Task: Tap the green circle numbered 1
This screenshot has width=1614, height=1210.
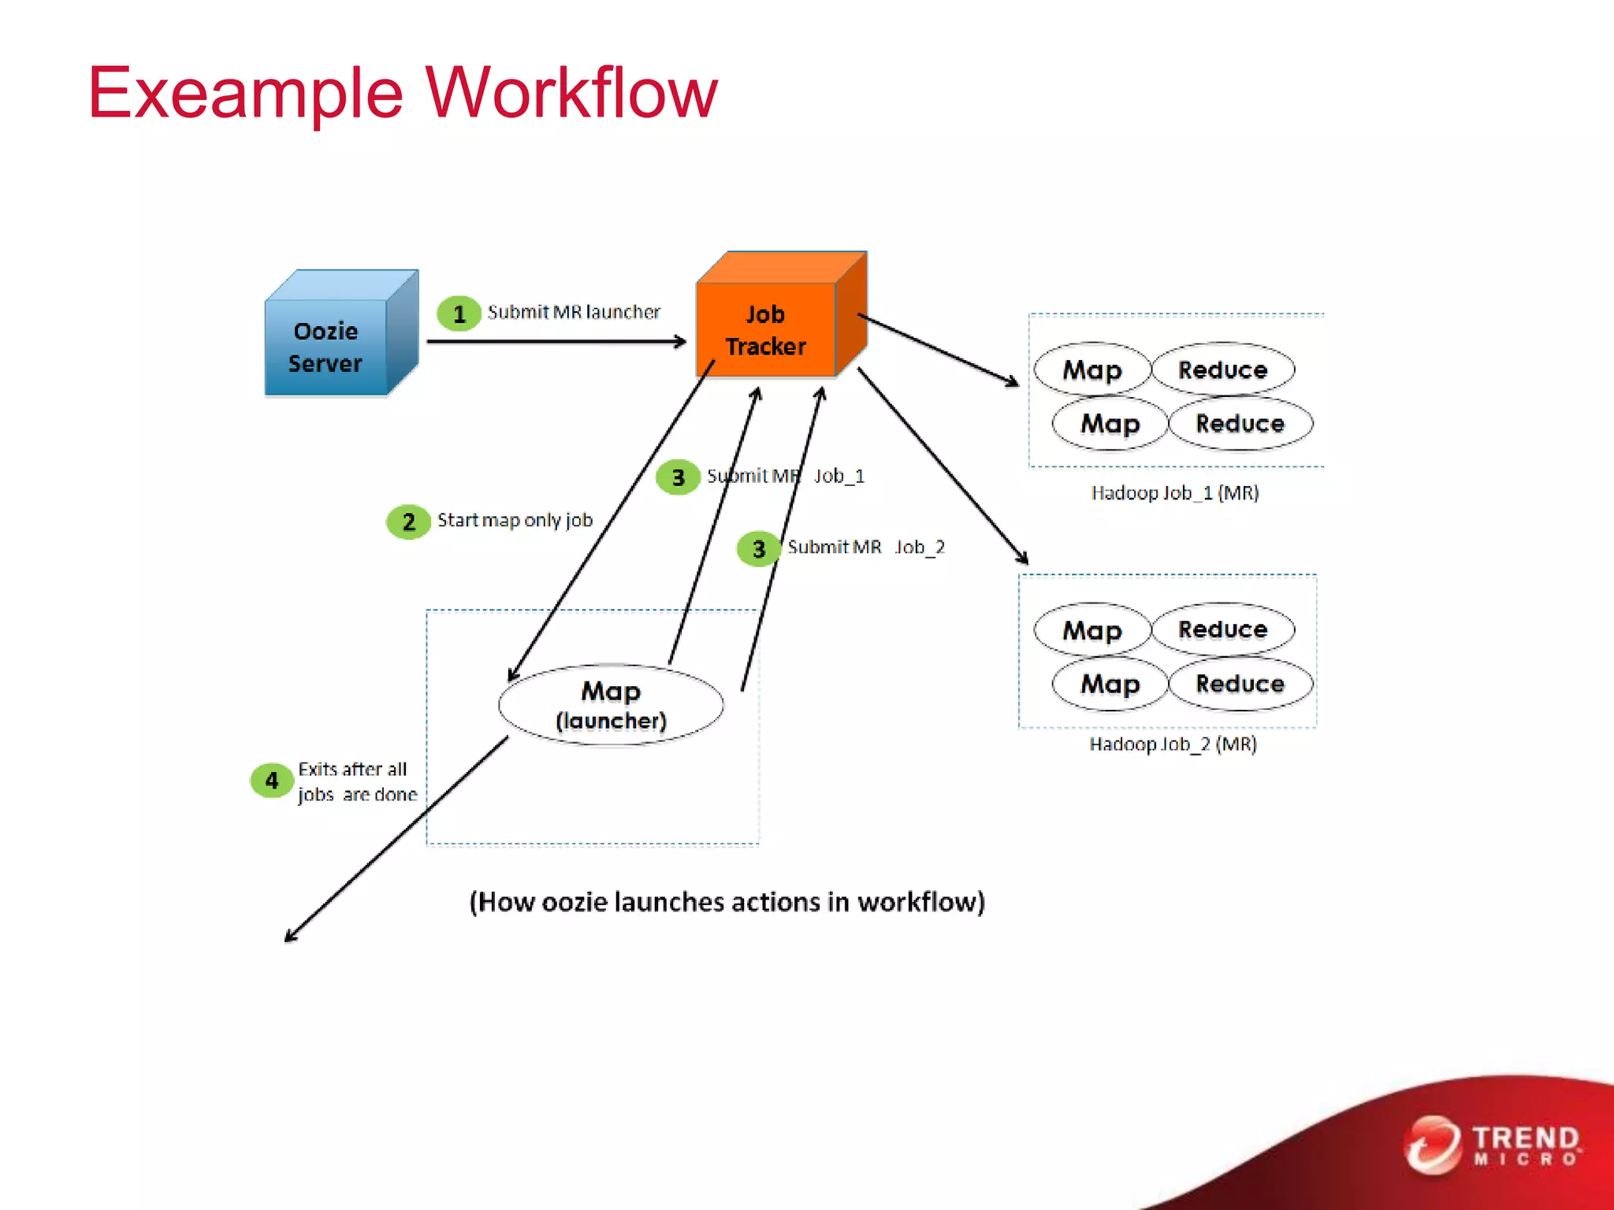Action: coord(459,314)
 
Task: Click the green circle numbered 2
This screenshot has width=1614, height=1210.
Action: coord(408,521)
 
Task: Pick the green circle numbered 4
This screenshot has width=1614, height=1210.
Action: coord(272,781)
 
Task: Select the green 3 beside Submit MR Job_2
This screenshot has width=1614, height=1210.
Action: coord(758,549)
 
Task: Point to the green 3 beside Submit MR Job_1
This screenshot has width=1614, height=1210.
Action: coord(678,477)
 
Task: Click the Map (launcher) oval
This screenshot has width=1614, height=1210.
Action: coord(611,705)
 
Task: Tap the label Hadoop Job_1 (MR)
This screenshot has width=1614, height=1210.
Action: coord(1174,493)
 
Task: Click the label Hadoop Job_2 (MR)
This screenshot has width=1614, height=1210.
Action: coord(1173,744)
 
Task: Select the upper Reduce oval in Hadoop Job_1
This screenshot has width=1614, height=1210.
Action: coord(1222,369)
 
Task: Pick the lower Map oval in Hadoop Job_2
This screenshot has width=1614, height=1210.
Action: coord(1110,684)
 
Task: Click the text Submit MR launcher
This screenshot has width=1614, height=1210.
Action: coord(573,312)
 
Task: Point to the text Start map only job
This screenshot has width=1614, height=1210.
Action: coord(515,520)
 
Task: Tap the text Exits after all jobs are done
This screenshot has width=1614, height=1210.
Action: coord(356,781)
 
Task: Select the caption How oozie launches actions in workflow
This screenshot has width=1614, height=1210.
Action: coord(727,902)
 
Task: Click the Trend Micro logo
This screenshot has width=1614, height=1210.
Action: coord(1493,1145)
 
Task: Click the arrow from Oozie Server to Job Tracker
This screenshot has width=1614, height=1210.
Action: coord(556,341)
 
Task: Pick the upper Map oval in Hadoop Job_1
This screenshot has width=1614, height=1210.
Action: coord(1092,369)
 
